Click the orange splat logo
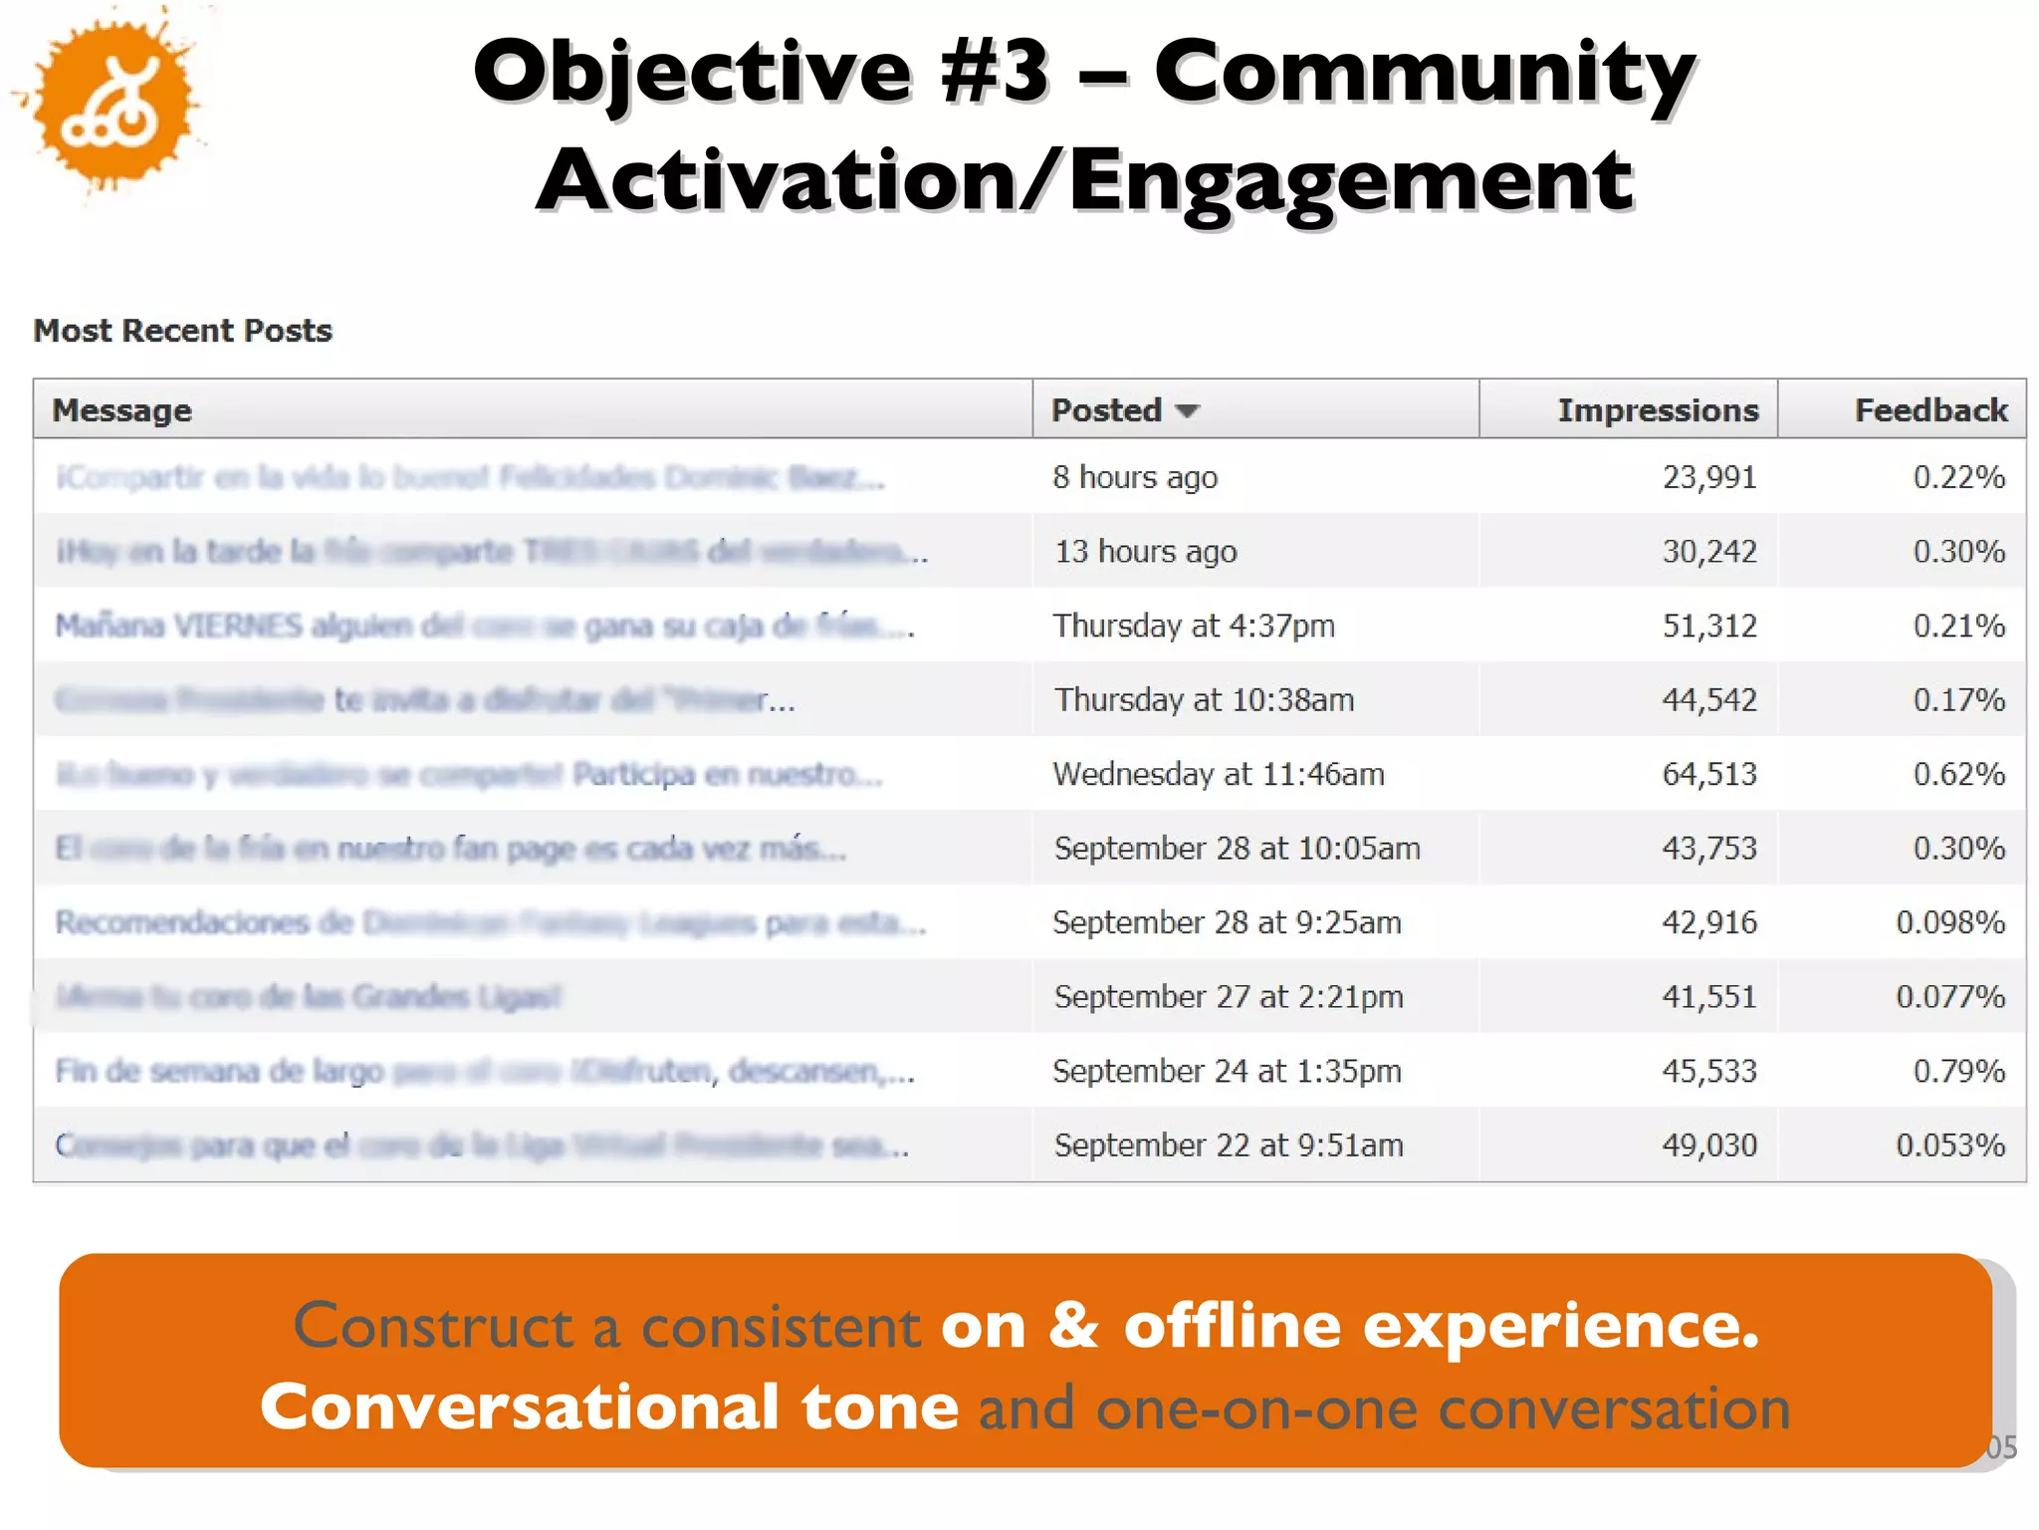click(x=112, y=102)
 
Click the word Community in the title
click(x=1424, y=72)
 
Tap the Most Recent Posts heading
click(x=183, y=331)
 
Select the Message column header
click(x=121, y=410)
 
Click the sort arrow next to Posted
click(x=1187, y=411)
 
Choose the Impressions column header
click(x=1658, y=410)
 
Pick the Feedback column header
click(x=1930, y=410)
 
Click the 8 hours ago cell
click(x=1135, y=477)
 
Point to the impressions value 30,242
click(x=1709, y=552)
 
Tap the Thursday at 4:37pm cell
click(x=1194, y=626)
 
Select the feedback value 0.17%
click(x=1958, y=700)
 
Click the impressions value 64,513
click(x=1709, y=774)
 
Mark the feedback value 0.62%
click(x=1958, y=774)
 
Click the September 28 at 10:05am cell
click(x=1237, y=849)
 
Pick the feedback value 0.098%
click(x=1949, y=922)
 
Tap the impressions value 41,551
click(x=1709, y=997)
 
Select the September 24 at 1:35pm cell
click(x=1227, y=1071)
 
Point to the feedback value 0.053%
click(x=1949, y=1146)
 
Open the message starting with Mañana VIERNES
click(x=484, y=626)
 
